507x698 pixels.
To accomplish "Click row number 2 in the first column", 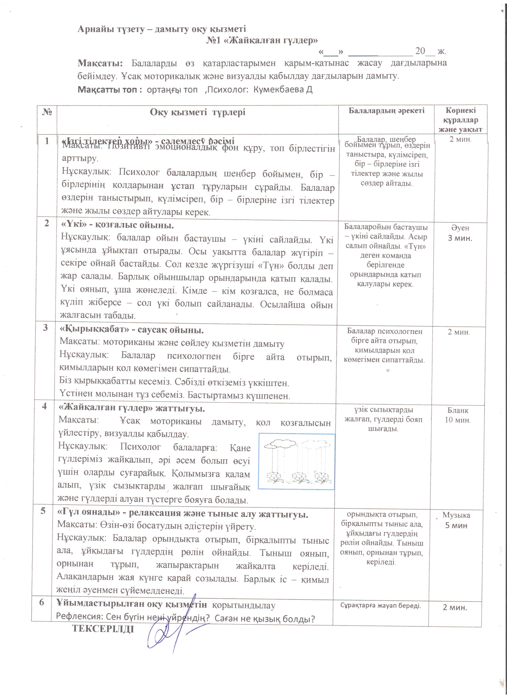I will (47, 223).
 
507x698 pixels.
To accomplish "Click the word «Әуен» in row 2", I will (460, 228).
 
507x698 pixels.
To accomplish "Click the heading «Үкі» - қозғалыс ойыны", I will (118, 225).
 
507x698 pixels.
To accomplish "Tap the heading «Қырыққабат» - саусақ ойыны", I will (131, 330).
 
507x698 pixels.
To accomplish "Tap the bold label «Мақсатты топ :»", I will (110, 90).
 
